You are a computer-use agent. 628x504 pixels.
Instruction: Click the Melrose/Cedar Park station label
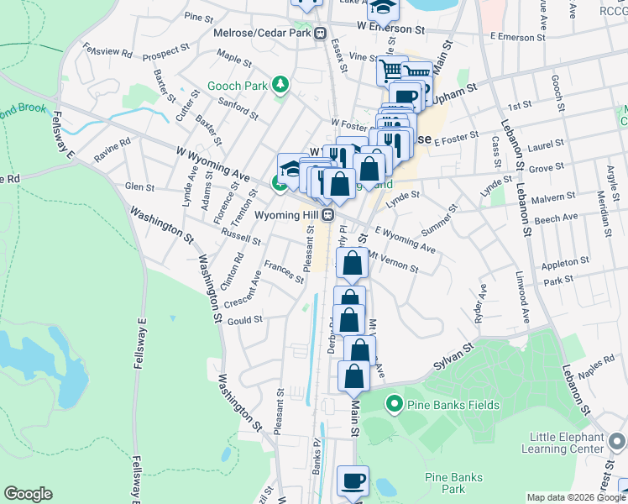tap(260, 34)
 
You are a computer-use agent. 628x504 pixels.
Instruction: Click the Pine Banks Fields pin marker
tap(394, 406)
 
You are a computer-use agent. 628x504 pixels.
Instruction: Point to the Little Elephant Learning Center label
tap(567, 443)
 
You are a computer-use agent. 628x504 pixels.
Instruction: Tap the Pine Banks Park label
tap(457, 482)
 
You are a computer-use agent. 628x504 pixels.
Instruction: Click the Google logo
tap(29, 494)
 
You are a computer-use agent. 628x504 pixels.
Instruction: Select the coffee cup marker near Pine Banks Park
tap(353, 481)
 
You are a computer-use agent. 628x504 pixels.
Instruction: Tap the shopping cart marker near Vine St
tap(390, 71)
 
